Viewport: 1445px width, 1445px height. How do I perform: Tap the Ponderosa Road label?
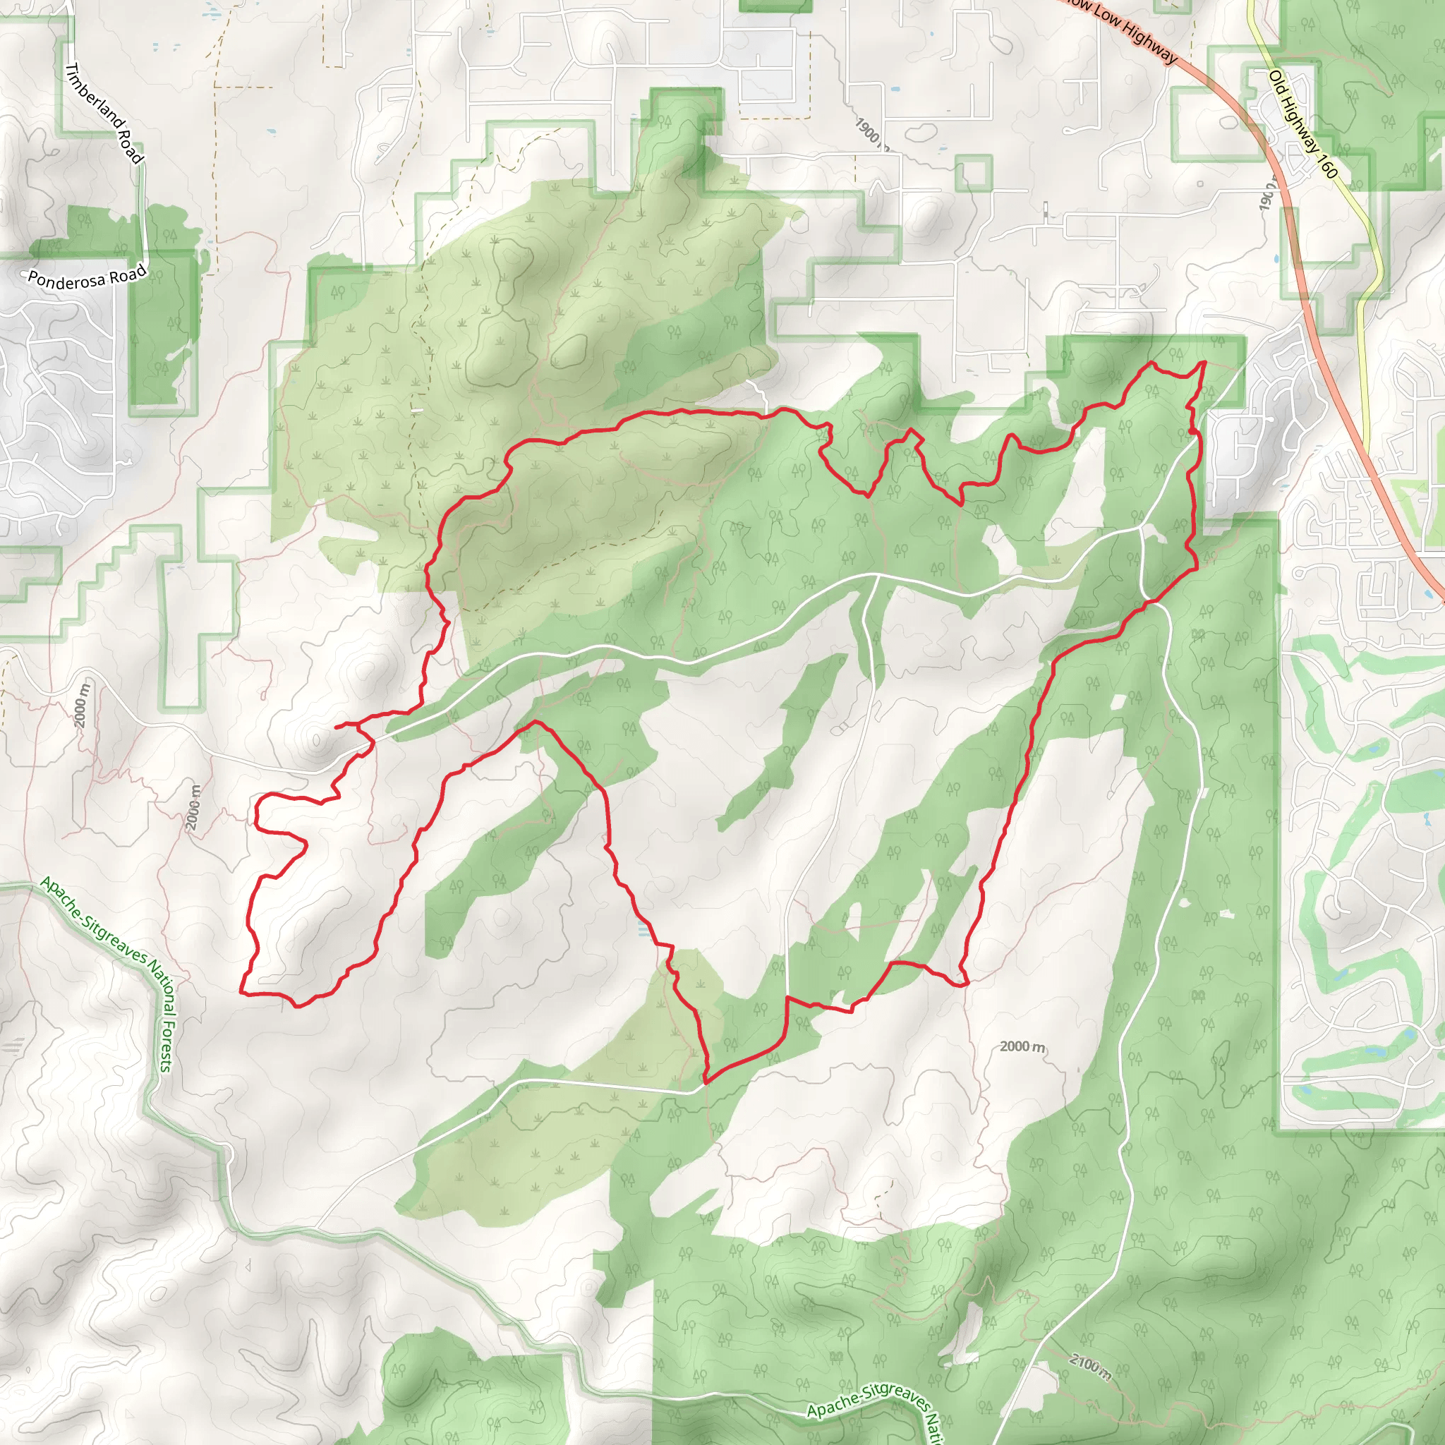pos(87,277)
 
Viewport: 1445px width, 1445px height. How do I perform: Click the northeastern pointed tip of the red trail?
pos(1204,362)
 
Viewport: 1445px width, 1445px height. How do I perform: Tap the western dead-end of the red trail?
pos(336,726)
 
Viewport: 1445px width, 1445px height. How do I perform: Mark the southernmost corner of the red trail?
pos(706,1082)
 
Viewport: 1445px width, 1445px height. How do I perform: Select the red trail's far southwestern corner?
pos(241,993)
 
